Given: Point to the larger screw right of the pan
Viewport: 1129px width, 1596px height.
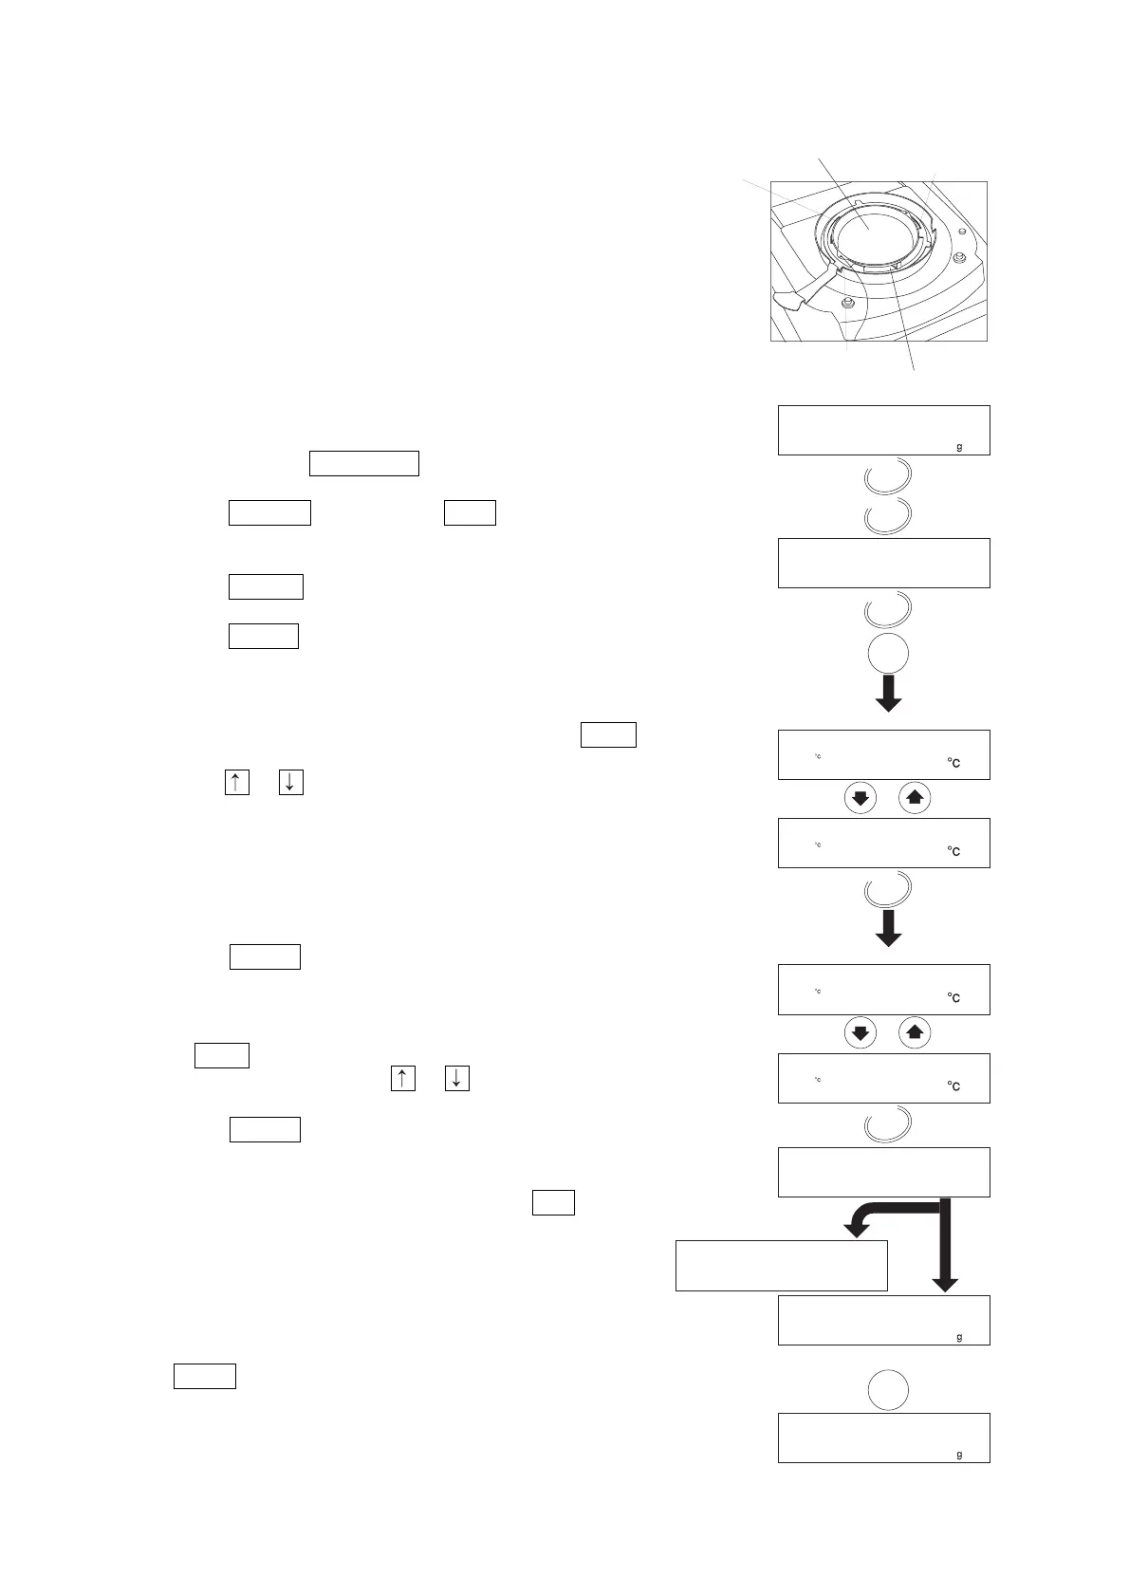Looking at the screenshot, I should click(960, 257).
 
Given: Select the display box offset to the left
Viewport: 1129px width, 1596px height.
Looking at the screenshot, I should click(781, 1265).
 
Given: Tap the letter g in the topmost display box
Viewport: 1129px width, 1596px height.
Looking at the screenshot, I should click(959, 447).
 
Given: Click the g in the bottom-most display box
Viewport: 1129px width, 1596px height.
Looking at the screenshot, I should click(959, 1455).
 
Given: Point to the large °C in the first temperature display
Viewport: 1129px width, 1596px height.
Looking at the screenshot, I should click(953, 763).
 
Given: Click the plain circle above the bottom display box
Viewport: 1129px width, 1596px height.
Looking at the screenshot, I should click(888, 1390).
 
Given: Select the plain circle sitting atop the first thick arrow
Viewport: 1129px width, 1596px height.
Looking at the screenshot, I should click(888, 654).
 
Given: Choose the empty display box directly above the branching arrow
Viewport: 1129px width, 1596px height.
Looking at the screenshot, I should click(883, 1172).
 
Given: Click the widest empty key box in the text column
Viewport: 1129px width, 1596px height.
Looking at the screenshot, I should click(364, 463).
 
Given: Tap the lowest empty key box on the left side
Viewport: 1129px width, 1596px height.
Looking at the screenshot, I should click(204, 1376).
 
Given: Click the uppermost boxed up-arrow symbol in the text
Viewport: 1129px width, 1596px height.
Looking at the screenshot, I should click(236, 783).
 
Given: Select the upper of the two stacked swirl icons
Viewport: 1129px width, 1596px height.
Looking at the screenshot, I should click(888, 475).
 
